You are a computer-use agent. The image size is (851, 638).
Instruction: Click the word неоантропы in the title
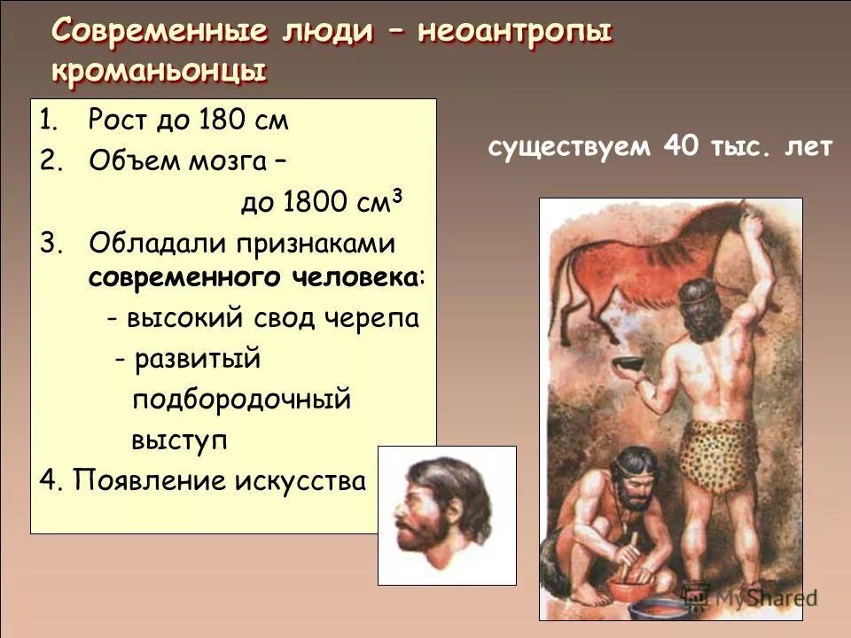click(515, 32)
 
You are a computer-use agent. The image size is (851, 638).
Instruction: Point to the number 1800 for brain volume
click(314, 203)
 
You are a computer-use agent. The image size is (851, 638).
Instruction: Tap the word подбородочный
click(242, 400)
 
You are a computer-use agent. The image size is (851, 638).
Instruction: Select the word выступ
click(180, 440)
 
